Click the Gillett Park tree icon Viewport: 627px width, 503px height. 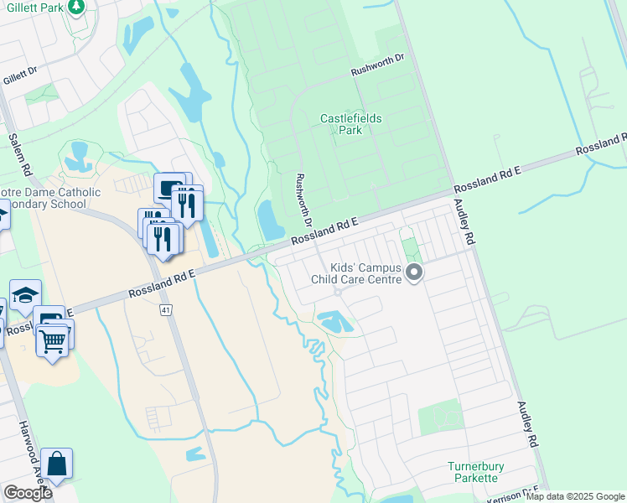coord(76,7)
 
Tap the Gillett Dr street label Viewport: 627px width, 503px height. coord(19,75)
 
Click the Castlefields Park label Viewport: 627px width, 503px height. coord(351,124)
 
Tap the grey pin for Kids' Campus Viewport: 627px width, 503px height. coord(412,272)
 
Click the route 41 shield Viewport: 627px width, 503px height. coord(165,309)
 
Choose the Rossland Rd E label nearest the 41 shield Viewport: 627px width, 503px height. coord(162,285)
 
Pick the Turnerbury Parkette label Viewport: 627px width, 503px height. coord(461,471)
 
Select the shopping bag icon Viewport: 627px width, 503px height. coord(56,464)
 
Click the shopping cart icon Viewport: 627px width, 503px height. coord(52,340)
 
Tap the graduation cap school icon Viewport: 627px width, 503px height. coord(25,294)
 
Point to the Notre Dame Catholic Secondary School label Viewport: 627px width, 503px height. coord(50,199)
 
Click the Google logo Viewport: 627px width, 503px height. coord(28,493)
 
